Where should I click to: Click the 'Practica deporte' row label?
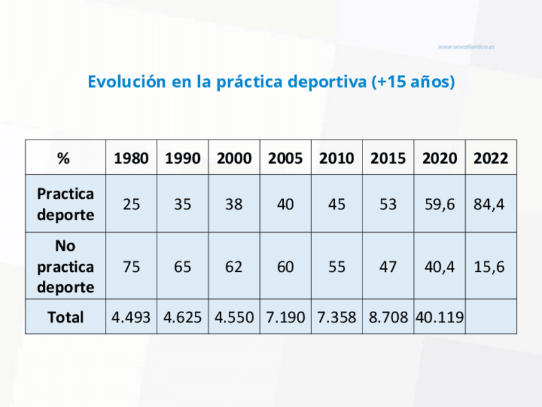coord(65,204)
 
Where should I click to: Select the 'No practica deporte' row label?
coord(65,266)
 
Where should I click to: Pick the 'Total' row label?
coord(65,317)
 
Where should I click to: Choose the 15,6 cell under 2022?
coord(490,267)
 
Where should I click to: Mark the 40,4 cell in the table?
coord(440,267)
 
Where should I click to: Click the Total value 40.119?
coord(440,317)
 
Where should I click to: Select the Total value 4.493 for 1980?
coord(131,317)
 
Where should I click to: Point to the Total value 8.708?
coord(388,317)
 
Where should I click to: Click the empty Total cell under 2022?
coord(491,317)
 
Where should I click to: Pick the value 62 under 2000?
coord(234,267)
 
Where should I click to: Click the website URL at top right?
coord(467,47)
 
